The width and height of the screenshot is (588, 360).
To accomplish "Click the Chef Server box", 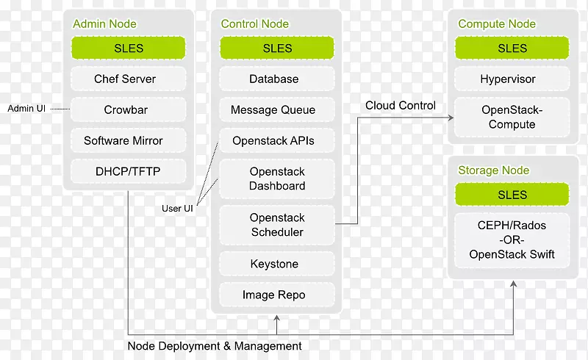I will pyautogui.click(x=125, y=79).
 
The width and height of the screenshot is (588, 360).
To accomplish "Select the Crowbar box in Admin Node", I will pyautogui.click(x=125, y=109).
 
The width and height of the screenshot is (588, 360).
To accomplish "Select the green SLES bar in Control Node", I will pyautogui.click(x=277, y=48).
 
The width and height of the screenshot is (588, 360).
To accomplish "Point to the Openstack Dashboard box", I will pyautogui.click(x=277, y=179).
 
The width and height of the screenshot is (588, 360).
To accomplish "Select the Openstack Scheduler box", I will pyautogui.click(x=277, y=225).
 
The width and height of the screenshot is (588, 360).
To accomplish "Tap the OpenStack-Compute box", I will pyautogui.click(x=512, y=117).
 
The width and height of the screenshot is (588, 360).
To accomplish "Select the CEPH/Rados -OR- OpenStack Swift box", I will pyautogui.click(x=512, y=240).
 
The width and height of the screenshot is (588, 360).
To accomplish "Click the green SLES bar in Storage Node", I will pyautogui.click(x=512, y=195).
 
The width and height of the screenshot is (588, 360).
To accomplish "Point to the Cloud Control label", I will pyautogui.click(x=401, y=105).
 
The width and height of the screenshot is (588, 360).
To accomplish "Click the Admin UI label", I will pyautogui.click(x=26, y=109).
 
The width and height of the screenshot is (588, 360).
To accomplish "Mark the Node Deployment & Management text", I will pyautogui.click(x=215, y=345).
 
